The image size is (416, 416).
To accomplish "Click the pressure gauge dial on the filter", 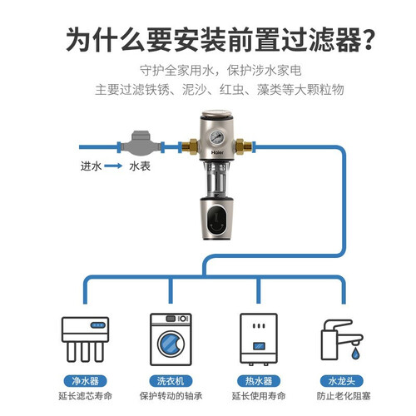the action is pos(216,137).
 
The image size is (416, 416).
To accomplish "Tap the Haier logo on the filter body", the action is pos(217,152).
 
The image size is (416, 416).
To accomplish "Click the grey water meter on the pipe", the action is pos(141,144).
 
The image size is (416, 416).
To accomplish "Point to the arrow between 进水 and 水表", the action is pos(113,166).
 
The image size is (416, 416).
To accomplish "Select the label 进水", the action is pos(92,166).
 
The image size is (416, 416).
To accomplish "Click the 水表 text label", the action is pos(140,166).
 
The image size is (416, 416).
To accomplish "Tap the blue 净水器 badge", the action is pos(86,381).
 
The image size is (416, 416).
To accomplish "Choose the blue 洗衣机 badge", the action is pos(171,381).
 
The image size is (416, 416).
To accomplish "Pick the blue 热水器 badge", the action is pos(259,381).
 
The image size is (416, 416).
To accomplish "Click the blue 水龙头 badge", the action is pos(342,381).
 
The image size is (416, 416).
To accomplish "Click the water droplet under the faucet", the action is pos(355,354).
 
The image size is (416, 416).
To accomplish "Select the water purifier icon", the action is pos(85,339).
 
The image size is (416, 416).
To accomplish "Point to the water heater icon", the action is pos(259,339).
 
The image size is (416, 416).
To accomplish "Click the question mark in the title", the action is pos(369,39).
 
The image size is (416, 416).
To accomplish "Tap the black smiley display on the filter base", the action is pos(216,220).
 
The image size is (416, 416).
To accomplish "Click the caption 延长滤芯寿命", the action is pos(86,396).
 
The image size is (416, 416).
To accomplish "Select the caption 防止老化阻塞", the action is pos(344,396).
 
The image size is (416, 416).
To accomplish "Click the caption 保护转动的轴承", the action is pos(171,396).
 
